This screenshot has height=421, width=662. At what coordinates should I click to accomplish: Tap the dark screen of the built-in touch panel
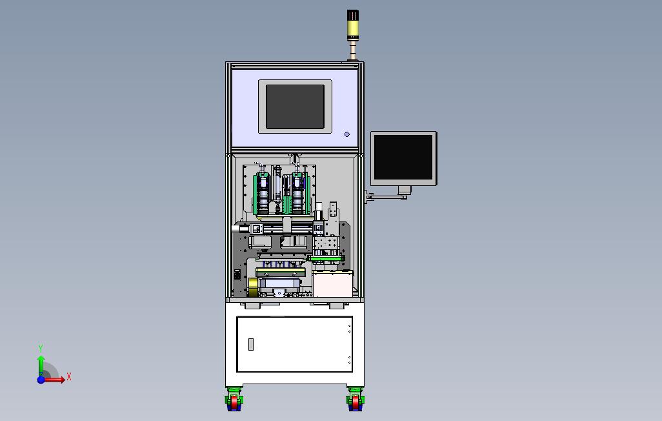click(295, 107)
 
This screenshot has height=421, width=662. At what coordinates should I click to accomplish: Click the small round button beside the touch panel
click(347, 134)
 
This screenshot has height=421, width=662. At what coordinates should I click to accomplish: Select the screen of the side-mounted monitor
click(403, 158)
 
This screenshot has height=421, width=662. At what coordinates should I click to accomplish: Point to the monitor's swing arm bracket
click(386, 196)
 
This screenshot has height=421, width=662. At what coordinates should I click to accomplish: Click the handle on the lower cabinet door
click(251, 345)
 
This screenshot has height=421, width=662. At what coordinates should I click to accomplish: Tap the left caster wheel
click(234, 400)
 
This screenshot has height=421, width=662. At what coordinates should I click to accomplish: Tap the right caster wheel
click(356, 400)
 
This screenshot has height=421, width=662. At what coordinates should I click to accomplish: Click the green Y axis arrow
click(41, 365)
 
